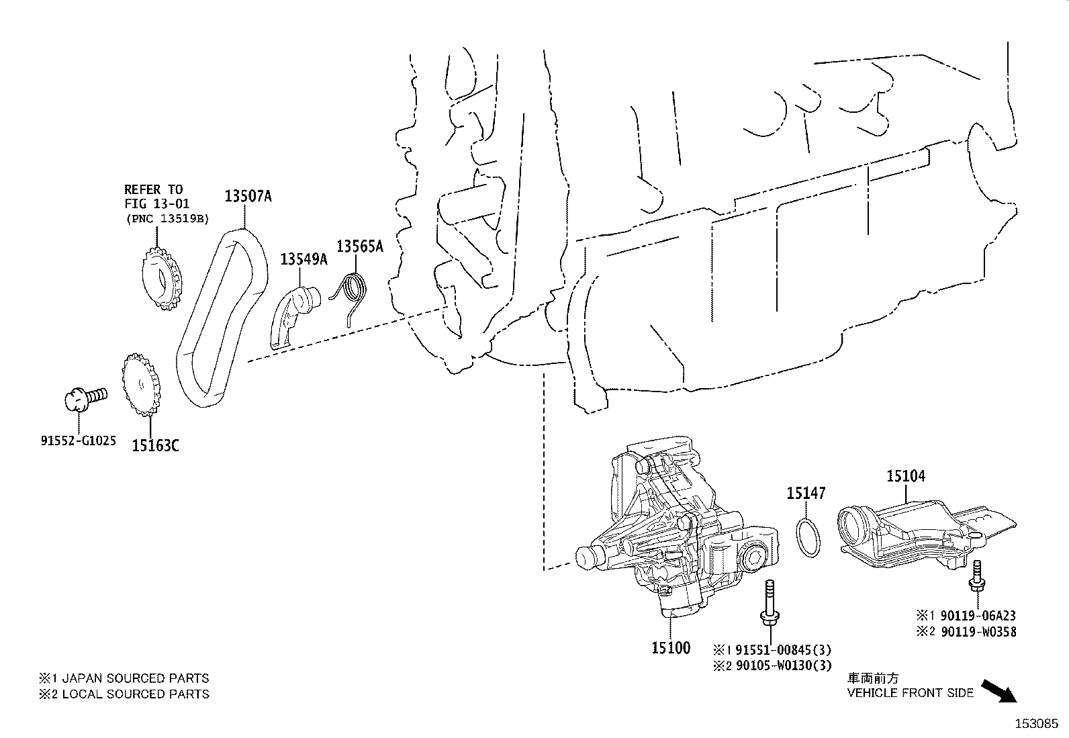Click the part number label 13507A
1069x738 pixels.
click(248, 196)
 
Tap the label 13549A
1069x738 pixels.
click(304, 259)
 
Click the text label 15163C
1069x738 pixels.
click(155, 445)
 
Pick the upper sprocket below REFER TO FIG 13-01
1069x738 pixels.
click(161, 278)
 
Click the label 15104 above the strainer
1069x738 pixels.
click(906, 476)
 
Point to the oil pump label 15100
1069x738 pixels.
click(670, 648)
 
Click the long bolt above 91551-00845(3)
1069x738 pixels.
click(768, 604)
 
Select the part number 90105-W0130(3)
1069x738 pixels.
click(782, 665)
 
